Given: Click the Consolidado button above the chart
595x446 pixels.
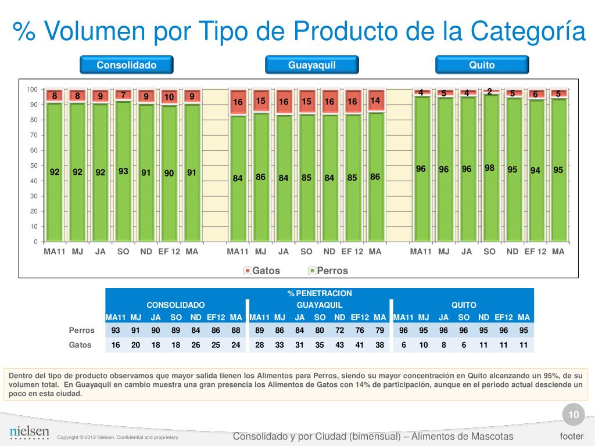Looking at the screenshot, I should click(126, 65).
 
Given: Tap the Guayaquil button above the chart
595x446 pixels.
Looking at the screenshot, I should click(312, 65).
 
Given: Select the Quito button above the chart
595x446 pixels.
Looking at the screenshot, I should click(482, 65).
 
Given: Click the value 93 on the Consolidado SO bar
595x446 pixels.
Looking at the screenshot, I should click(123, 171).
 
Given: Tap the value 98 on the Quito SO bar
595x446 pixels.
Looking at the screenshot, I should click(490, 168).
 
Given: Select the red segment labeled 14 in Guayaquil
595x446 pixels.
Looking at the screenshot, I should click(375, 100).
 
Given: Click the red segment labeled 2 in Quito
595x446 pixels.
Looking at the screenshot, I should click(490, 92).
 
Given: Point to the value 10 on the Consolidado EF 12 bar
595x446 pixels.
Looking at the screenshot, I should click(169, 97).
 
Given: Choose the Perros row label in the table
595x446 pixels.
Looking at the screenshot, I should click(81, 330).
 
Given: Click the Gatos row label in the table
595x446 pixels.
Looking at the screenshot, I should click(81, 345).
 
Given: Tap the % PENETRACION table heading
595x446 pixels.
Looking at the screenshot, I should click(320, 293).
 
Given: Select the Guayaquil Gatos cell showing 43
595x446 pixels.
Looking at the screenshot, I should click(340, 345).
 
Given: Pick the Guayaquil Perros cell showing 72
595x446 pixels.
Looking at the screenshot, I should click(340, 330).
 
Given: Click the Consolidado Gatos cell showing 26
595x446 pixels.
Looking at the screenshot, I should click(196, 345).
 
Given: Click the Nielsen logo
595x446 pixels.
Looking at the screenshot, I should click(30, 432).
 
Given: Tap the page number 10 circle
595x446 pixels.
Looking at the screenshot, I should click(574, 415).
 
